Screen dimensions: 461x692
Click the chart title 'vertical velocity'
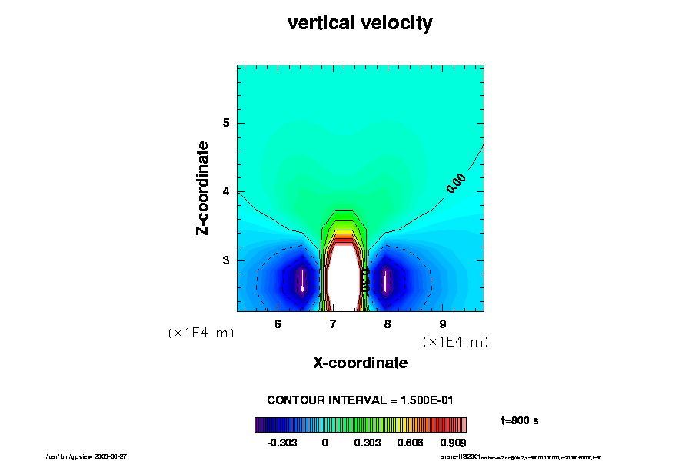tap(360, 24)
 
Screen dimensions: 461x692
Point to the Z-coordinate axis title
tap(203, 187)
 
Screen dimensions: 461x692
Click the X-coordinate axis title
tap(360, 363)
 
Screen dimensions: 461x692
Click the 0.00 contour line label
tap(456, 182)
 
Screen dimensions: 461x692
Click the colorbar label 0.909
tap(452, 443)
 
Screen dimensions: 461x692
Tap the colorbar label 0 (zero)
tap(324, 443)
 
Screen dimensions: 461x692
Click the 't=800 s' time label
tap(517, 420)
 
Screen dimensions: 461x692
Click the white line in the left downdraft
tap(303, 280)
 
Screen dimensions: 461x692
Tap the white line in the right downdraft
tap(385, 280)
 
